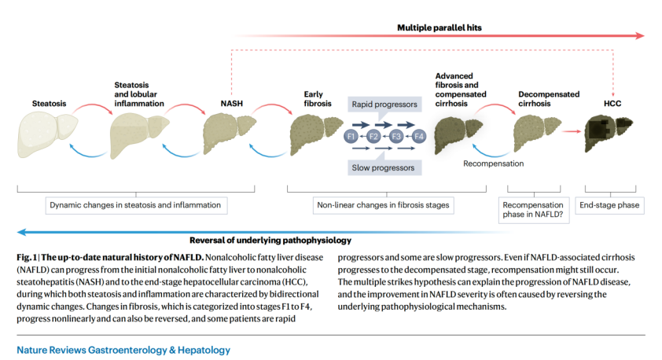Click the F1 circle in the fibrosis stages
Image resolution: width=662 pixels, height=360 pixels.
tap(352, 137)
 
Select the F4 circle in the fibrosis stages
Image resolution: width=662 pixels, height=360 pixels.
tap(419, 137)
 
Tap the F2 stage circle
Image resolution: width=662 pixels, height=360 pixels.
tap(374, 137)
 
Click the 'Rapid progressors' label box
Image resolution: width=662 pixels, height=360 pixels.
tap(384, 104)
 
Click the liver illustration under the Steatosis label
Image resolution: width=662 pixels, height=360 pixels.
tap(46, 129)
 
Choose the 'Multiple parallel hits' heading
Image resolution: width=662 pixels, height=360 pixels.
tap(439, 27)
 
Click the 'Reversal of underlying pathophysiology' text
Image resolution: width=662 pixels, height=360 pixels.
tap(270, 240)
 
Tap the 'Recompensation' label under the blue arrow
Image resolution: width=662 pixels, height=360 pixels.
tap(493, 163)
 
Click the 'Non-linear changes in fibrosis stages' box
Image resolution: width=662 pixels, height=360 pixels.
tap(383, 205)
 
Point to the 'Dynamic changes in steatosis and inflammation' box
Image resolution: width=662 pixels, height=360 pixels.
tap(135, 205)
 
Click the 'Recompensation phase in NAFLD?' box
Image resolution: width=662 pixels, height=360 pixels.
tap(532, 210)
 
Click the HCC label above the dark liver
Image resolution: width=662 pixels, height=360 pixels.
tap(612, 103)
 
